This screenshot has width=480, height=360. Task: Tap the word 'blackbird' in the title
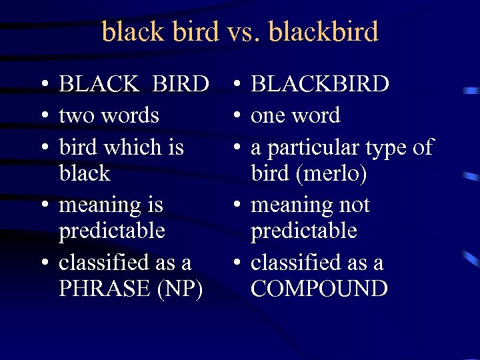(x=321, y=31)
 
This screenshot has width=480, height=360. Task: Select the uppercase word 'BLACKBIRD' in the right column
(x=320, y=84)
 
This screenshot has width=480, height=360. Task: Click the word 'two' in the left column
(x=75, y=116)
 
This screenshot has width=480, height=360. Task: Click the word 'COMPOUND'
(x=319, y=289)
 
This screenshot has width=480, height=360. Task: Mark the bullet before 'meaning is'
(x=42, y=206)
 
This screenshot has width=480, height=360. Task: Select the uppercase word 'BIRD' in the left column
(x=180, y=84)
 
